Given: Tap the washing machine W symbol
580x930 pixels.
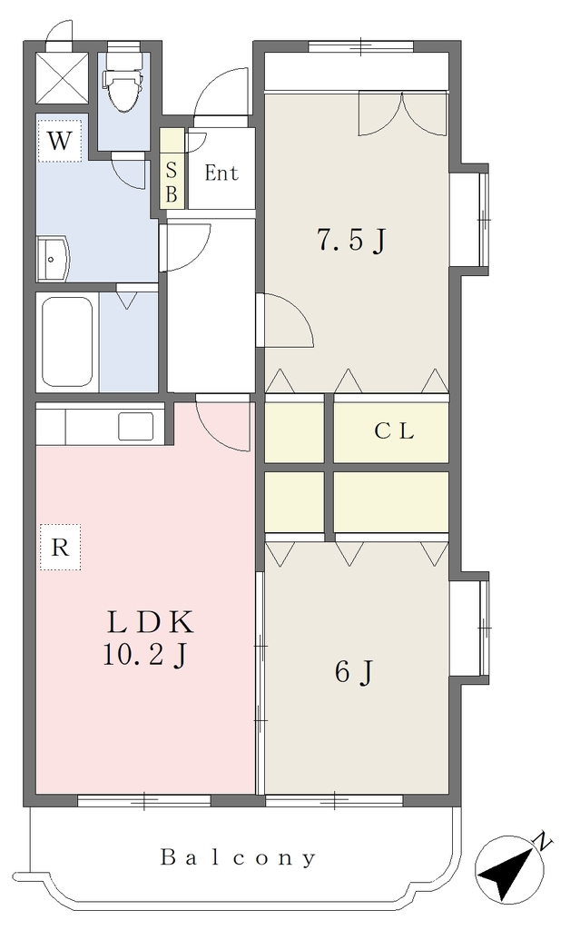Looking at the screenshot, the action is (x=59, y=141).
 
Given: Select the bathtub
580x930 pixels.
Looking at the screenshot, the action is (x=67, y=341).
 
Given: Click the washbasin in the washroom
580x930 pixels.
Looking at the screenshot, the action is (x=53, y=259).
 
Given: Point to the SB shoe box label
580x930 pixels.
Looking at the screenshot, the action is (x=172, y=182).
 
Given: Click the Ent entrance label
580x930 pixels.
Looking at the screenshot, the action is (x=221, y=173).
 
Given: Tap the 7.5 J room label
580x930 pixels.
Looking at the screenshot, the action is (x=351, y=240).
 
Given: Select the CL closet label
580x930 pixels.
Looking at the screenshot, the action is (x=394, y=431).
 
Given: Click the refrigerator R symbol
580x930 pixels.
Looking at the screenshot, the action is (x=60, y=547).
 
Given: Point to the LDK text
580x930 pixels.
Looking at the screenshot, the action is (x=151, y=622).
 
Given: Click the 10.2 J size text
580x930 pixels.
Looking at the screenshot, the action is (x=146, y=656).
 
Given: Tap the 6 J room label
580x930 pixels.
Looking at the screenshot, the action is (x=354, y=671).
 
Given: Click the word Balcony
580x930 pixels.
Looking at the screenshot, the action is (x=239, y=857).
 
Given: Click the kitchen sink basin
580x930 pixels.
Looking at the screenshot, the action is (x=136, y=426).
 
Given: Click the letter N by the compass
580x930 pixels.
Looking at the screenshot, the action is (x=542, y=840).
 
